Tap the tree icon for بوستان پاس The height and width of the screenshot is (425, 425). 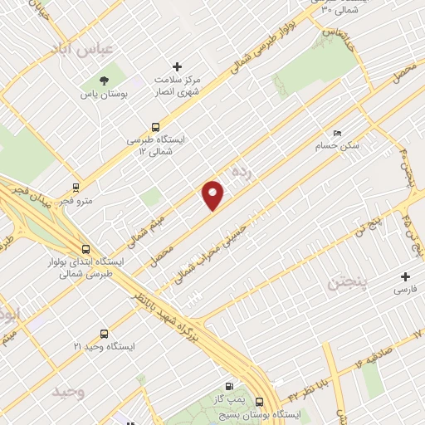click(105, 81)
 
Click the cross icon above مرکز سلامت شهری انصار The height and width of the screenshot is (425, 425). click(176, 66)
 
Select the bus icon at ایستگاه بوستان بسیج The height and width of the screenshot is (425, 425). click(260, 399)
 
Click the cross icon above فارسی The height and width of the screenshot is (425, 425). click(406, 276)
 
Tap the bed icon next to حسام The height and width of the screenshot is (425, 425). click(336, 133)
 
